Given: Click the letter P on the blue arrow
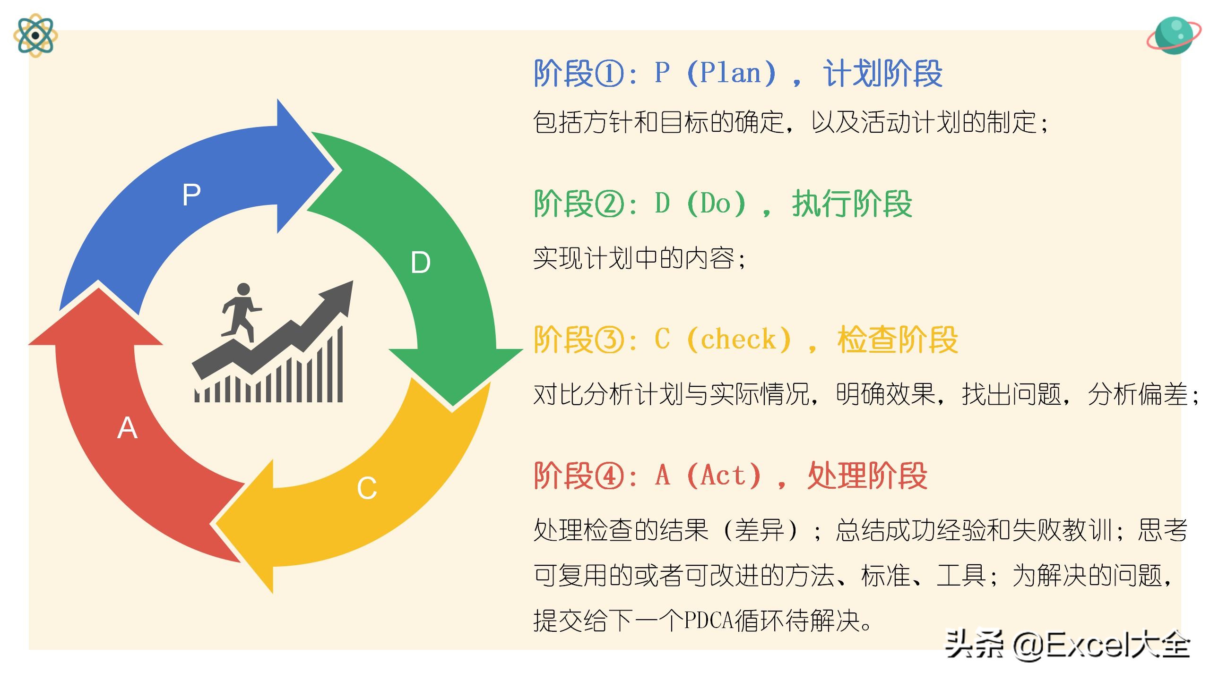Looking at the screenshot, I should pyautogui.click(x=191, y=194).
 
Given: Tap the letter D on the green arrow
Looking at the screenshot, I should pyautogui.click(x=421, y=263).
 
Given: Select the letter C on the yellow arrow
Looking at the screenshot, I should pyautogui.click(x=367, y=488).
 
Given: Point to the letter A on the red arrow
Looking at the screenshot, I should pyautogui.click(x=127, y=429).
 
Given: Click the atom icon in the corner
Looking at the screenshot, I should pyautogui.click(x=35, y=35).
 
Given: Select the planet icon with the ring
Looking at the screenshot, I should pyautogui.click(x=1173, y=36).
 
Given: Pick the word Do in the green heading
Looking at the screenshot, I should pyautogui.click(x=716, y=204).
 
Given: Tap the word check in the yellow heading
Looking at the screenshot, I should pyautogui.click(x=738, y=340).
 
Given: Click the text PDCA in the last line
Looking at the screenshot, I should pyautogui.click(x=709, y=620).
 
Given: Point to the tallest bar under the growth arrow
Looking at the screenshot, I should pyautogui.click(x=340, y=364).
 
